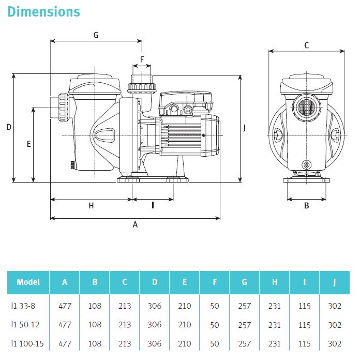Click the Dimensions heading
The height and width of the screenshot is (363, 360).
[44, 11]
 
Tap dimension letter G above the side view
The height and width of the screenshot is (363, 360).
[96, 35]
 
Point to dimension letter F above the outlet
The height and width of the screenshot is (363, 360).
[142, 59]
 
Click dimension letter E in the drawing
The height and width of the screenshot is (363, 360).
[29, 144]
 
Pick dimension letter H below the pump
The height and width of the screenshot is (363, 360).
[91, 205]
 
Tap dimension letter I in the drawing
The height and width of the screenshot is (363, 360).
[153, 205]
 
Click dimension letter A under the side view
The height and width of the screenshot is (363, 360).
[136, 224]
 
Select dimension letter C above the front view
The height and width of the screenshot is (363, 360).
[306, 46]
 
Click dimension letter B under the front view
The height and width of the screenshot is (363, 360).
[306, 205]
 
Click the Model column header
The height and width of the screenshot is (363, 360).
[28, 282]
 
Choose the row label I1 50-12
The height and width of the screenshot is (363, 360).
[25, 325]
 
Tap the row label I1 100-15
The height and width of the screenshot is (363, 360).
[27, 343]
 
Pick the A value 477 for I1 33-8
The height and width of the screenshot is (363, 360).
[65, 306]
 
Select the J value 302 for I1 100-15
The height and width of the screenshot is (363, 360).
[335, 343]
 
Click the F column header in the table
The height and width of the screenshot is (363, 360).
[215, 282]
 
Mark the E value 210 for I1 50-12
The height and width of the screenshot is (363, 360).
[185, 325]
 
